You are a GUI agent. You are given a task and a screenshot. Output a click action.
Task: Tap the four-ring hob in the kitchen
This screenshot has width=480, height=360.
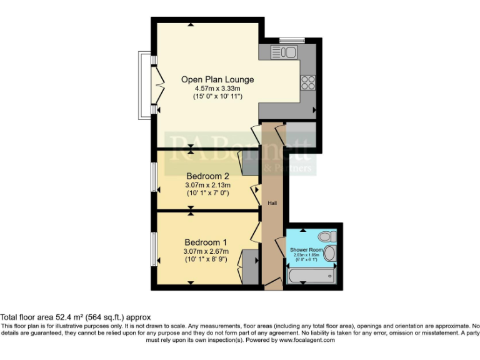coord(308,82)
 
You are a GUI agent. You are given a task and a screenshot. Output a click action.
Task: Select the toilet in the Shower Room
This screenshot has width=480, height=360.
coord(326,236)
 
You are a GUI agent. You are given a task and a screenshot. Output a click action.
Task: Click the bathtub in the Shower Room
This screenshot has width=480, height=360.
coord(311,275)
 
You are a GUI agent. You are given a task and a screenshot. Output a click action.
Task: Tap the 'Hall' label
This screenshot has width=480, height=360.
coord(272,203)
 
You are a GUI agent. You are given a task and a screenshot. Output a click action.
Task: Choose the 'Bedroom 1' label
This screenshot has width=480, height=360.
coord(206,242)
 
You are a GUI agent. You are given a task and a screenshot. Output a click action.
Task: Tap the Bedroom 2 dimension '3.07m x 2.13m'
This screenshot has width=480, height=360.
coord(208,185)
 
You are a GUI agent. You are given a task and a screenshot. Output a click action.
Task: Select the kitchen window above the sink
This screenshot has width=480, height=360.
coord(291,41)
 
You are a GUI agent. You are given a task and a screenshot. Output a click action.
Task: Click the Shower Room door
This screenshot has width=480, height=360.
coord(279,241)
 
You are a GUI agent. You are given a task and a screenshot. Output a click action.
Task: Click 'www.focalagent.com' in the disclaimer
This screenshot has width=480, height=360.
coord(307,340)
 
